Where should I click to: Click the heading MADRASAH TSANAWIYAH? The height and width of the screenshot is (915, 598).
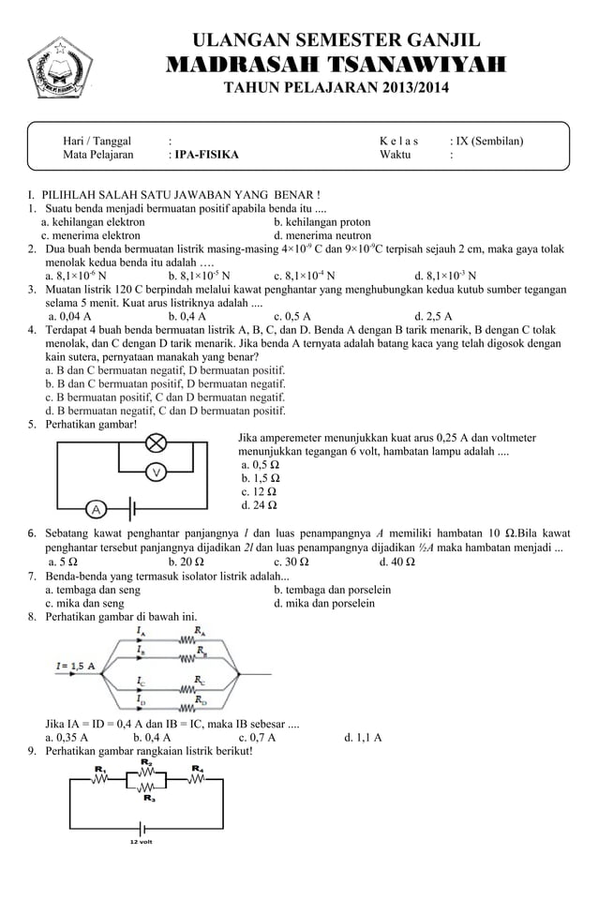pos(336,65)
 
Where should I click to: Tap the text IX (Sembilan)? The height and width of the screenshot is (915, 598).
pos(486,142)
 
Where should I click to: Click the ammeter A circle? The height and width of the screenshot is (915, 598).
pos(96,509)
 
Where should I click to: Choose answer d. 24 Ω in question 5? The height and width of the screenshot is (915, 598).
pos(259,505)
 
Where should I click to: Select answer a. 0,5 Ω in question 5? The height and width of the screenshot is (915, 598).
pos(260,464)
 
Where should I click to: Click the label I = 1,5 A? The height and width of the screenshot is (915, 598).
pos(76,666)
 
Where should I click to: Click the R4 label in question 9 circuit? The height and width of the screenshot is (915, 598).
pos(197,769)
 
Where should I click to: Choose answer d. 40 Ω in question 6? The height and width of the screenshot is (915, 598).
pos(397,562)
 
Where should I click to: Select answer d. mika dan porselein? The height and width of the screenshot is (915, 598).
pos(323,604)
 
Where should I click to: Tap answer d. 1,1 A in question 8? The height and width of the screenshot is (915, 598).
pos(363,737)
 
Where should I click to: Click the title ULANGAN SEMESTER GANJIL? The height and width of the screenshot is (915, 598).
pos(336,39)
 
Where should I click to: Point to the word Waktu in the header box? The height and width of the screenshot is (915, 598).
pos(396,156)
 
